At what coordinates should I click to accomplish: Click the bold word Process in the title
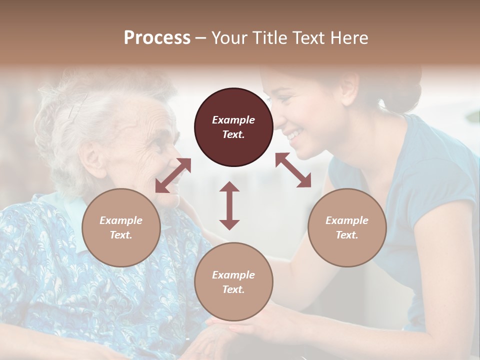coord(157,38)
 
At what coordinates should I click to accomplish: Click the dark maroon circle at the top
coord(233,127)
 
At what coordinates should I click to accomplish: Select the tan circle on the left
coord(121,227)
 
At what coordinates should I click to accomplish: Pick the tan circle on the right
coord(347,227)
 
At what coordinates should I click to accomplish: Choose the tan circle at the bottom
coord(233,282)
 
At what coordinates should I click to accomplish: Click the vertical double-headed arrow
coord(229,205)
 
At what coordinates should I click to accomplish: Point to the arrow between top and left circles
coord(173,175)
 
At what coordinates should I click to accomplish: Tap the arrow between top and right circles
coord(293,170)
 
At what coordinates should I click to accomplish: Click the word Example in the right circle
coord(347,220)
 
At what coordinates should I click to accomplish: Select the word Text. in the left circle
coord(121,235)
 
